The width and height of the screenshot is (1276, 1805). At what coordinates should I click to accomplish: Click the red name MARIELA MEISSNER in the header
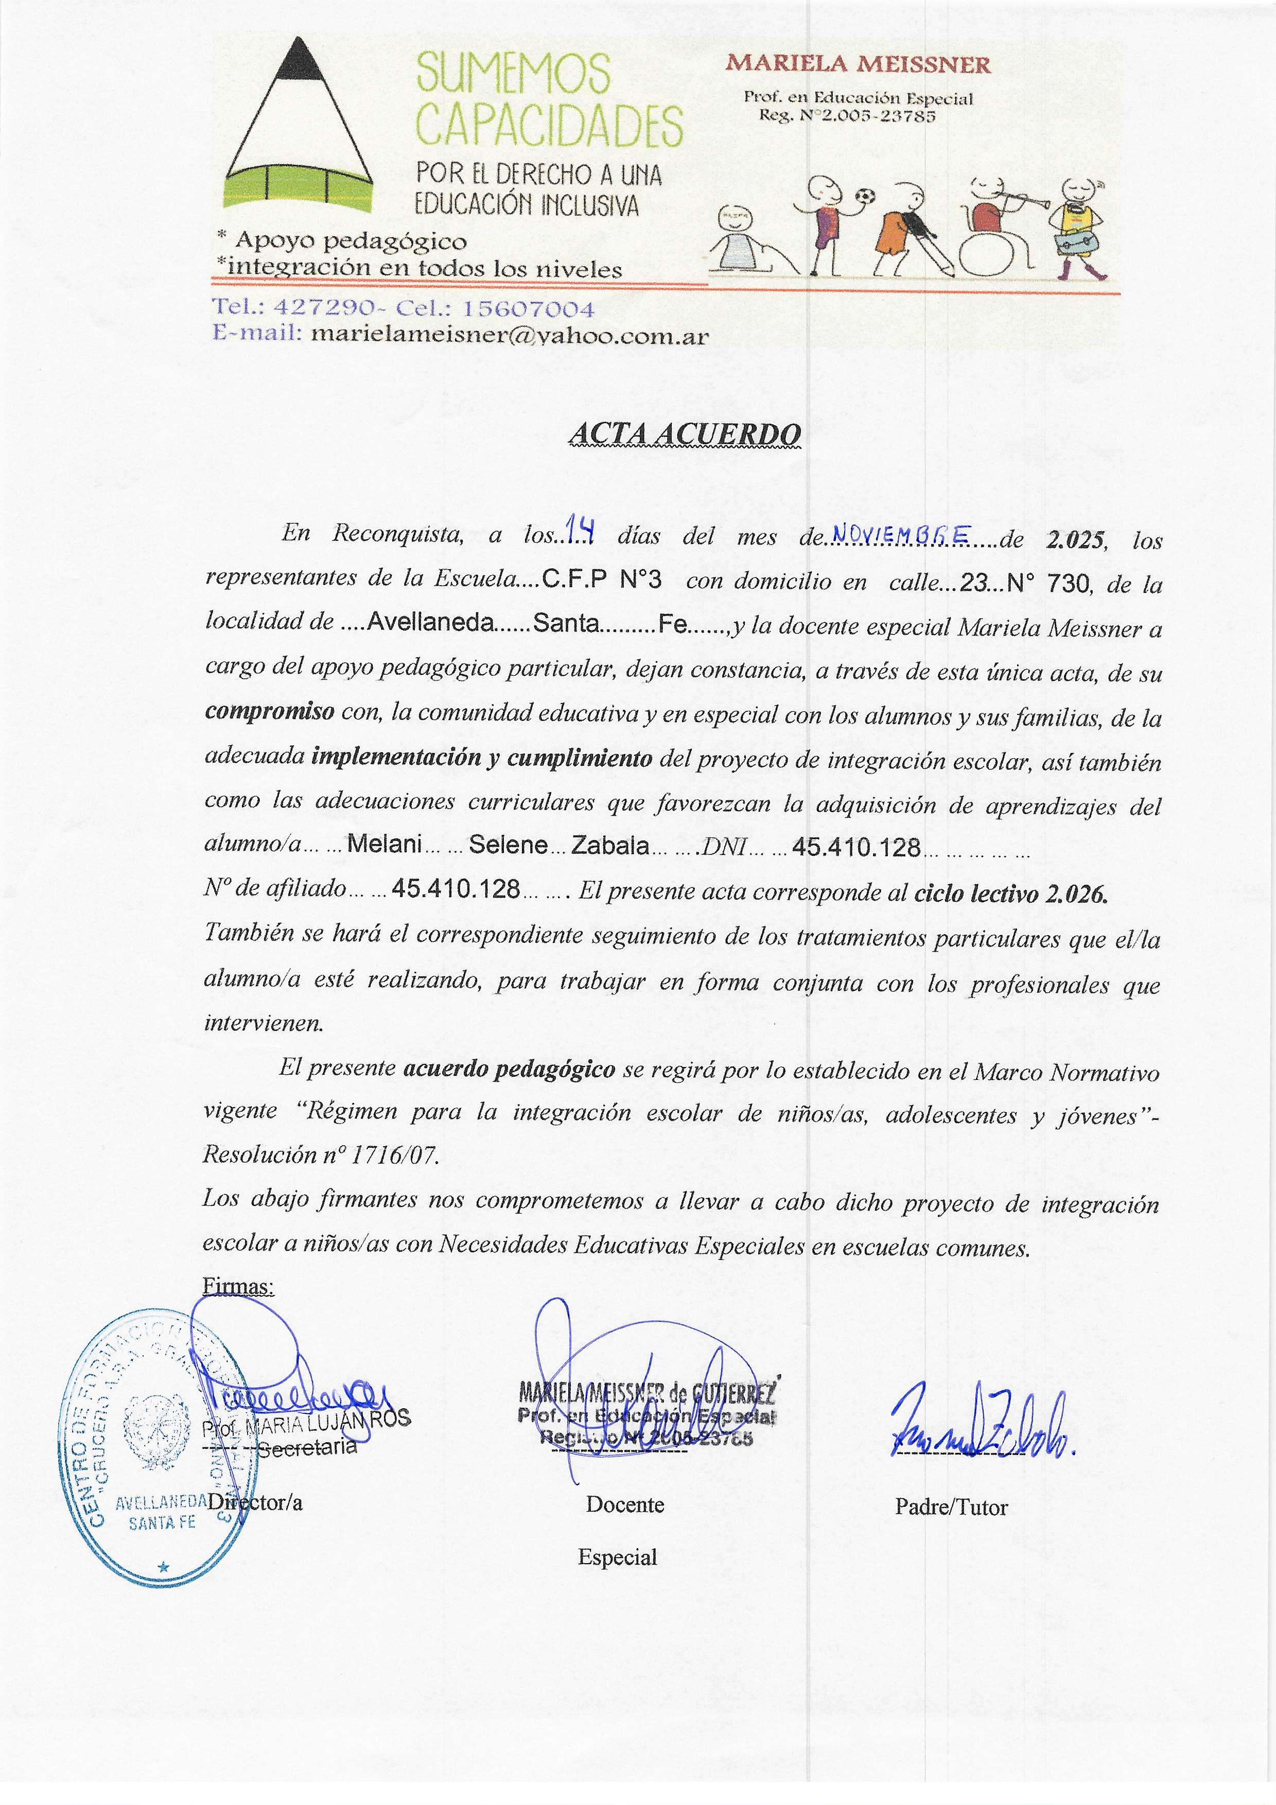point(858,64)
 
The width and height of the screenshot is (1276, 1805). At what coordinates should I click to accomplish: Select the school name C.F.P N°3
point(601,580)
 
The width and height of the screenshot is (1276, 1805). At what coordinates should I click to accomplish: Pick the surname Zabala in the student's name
point(609,845)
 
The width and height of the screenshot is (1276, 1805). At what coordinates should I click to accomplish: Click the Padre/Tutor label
point(951,1507)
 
